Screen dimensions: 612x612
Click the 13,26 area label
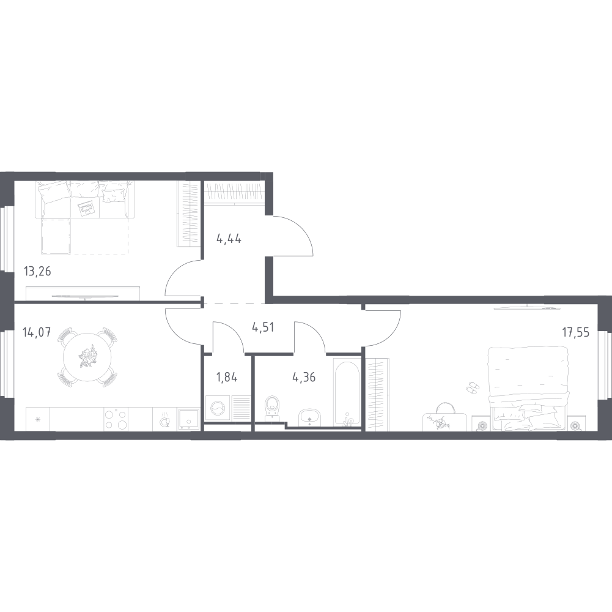(37, 271)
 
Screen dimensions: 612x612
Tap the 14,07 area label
(37, 333)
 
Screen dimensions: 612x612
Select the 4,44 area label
(229, 239)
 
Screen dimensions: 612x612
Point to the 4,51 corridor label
(263, 327)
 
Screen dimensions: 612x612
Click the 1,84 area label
(227, 378)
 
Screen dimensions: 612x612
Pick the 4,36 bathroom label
(304, 378)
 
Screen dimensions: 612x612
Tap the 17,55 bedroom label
(576, 332)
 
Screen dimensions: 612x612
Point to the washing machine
(218, 408)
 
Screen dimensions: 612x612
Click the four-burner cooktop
(116, 419)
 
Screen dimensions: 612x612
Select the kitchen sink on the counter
(189, 419)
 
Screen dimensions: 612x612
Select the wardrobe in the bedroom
(378, 395)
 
